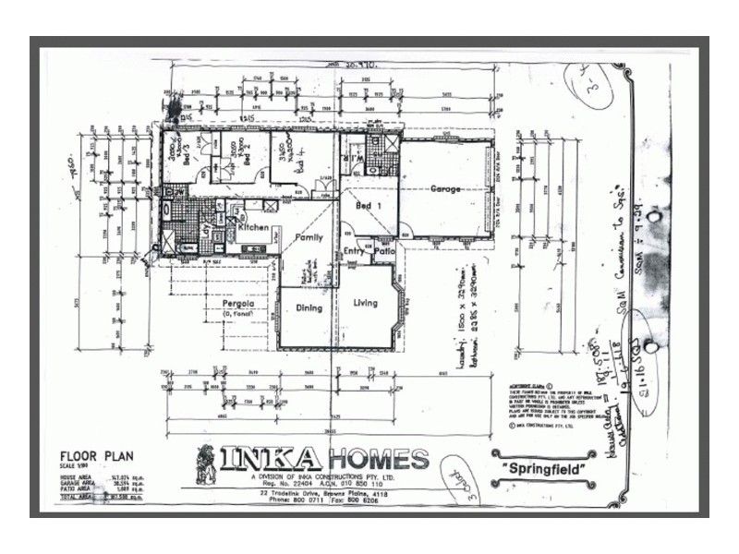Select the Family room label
click(308, 237)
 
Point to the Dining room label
click(308, 308)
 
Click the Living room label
click(365, 302)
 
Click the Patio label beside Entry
click(383, 250)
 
